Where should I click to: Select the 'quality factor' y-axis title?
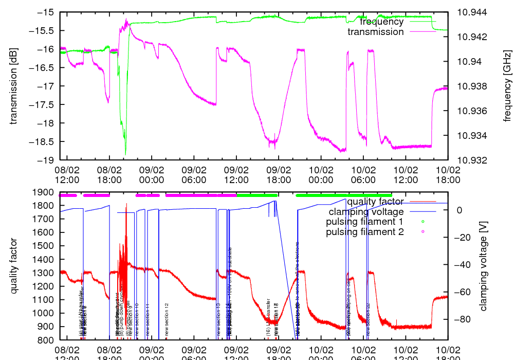pyautogui.click(x=14, y=265)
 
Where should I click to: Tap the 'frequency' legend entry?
pyautogui.click(x=381, y=22)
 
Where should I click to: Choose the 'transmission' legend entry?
pyautogui.click(x=375, y=32)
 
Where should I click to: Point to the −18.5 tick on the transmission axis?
pyautogui.click(x=45, y=141)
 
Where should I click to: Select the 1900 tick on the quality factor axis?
pyautogui.click(x=45, y=192)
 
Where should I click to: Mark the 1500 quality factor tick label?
pyautogui.click(x=45, y=246)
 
